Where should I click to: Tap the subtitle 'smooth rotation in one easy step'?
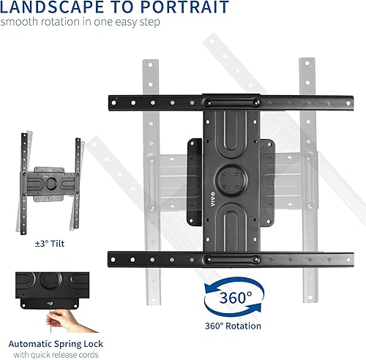tap(80, 23)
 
